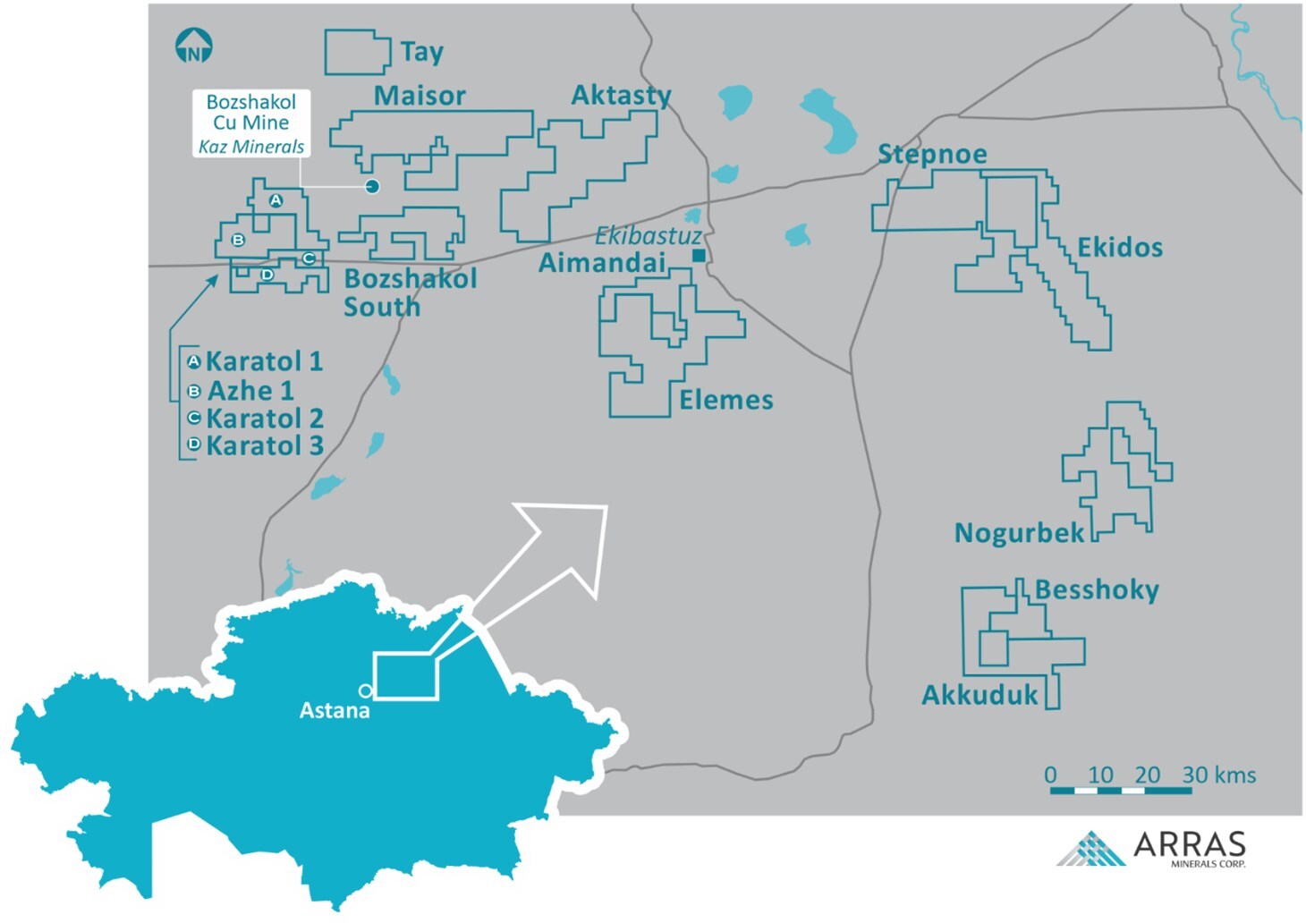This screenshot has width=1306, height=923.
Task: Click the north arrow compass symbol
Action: [193, 46]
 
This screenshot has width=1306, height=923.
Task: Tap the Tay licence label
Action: [421, 52]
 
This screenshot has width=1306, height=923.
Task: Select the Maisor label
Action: [420, 96]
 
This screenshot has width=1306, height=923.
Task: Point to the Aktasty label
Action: [621, 95]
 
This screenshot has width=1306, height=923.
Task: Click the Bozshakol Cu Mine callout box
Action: [250, 123]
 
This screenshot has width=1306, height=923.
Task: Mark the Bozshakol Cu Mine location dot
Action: [372, 186]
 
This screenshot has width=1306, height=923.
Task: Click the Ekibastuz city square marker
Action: [699, 256]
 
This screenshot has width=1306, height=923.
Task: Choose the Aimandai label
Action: [602, 262]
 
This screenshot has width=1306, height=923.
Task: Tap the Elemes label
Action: [725, 400]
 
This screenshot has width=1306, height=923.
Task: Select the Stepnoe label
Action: [932, 154]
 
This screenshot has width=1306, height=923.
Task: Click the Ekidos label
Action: [1119, 248]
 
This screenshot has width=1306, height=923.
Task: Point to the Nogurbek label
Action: [1019, 533]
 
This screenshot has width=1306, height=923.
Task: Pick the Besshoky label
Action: [1097, 590]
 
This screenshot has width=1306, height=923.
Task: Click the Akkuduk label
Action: [979, 695]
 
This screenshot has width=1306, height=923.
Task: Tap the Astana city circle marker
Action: [365, 690]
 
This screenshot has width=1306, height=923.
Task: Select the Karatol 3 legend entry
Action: [264, 445]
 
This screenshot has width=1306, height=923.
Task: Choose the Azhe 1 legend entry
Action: [250, 391]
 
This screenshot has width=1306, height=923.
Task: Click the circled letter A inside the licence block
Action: [276, 200]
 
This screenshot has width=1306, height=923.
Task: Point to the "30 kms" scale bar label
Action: [1218, 775]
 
